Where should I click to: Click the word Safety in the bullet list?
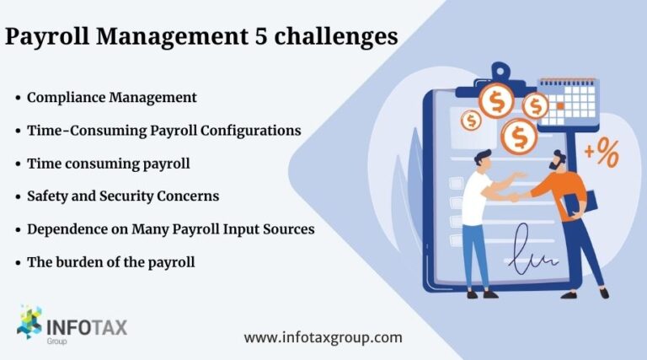click(x=47, y=196)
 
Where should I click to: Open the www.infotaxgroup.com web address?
click(x=323, y=337)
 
